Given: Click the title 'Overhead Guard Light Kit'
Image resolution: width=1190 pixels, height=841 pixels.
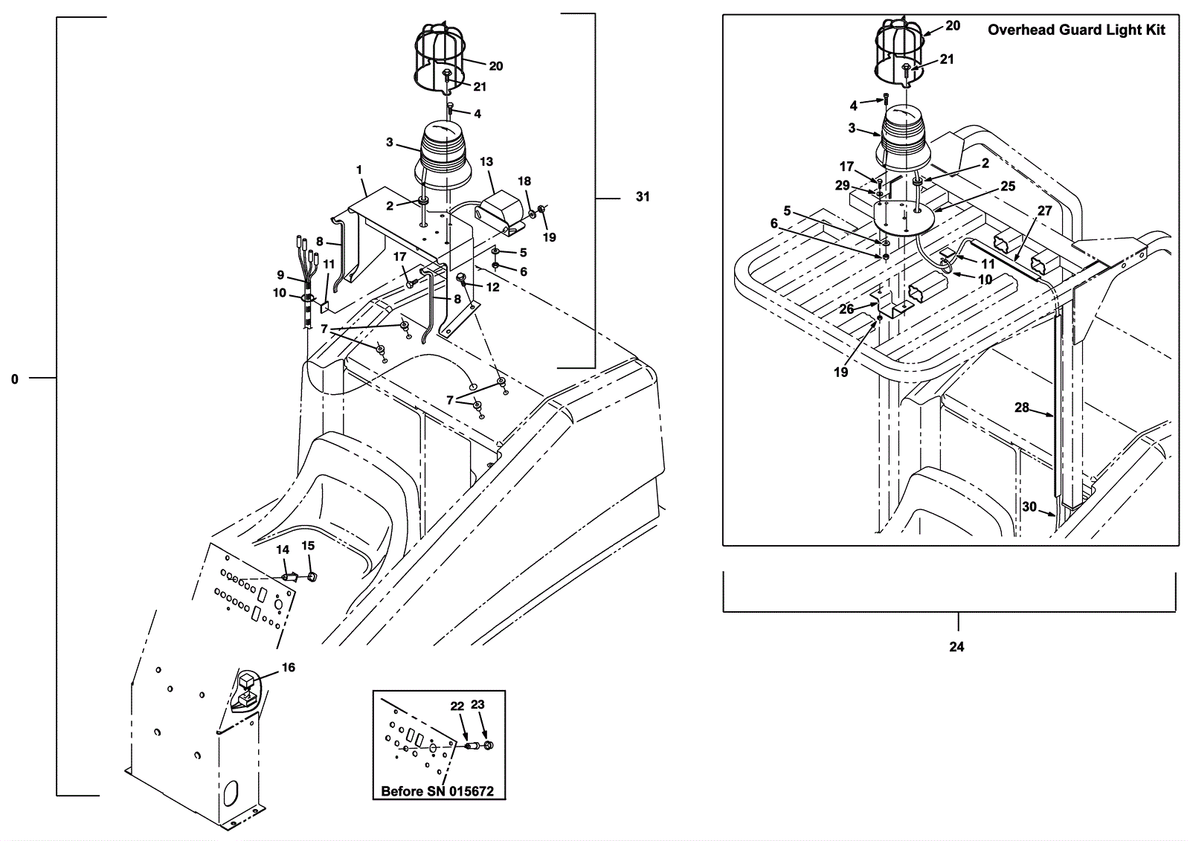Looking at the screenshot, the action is coord(1076,30).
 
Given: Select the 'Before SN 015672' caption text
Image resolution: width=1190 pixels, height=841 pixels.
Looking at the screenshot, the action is coord(437,791).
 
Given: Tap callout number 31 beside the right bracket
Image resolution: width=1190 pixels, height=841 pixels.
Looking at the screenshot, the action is coord(643,196).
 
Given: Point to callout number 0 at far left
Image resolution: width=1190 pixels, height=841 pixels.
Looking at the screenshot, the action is coord(15,379).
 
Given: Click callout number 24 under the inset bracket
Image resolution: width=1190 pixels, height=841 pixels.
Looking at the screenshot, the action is coord(956,647).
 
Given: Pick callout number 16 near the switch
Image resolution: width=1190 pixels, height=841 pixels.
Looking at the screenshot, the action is coord(288,667).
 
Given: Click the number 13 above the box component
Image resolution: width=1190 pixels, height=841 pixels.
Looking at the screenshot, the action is coord(486,161).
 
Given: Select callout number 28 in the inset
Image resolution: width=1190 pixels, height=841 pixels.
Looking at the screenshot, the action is coord(1022,407).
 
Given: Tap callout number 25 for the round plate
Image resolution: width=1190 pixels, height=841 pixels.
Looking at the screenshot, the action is coord(1008,186).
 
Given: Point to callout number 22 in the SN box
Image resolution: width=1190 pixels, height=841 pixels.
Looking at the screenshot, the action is coord(457,706).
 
